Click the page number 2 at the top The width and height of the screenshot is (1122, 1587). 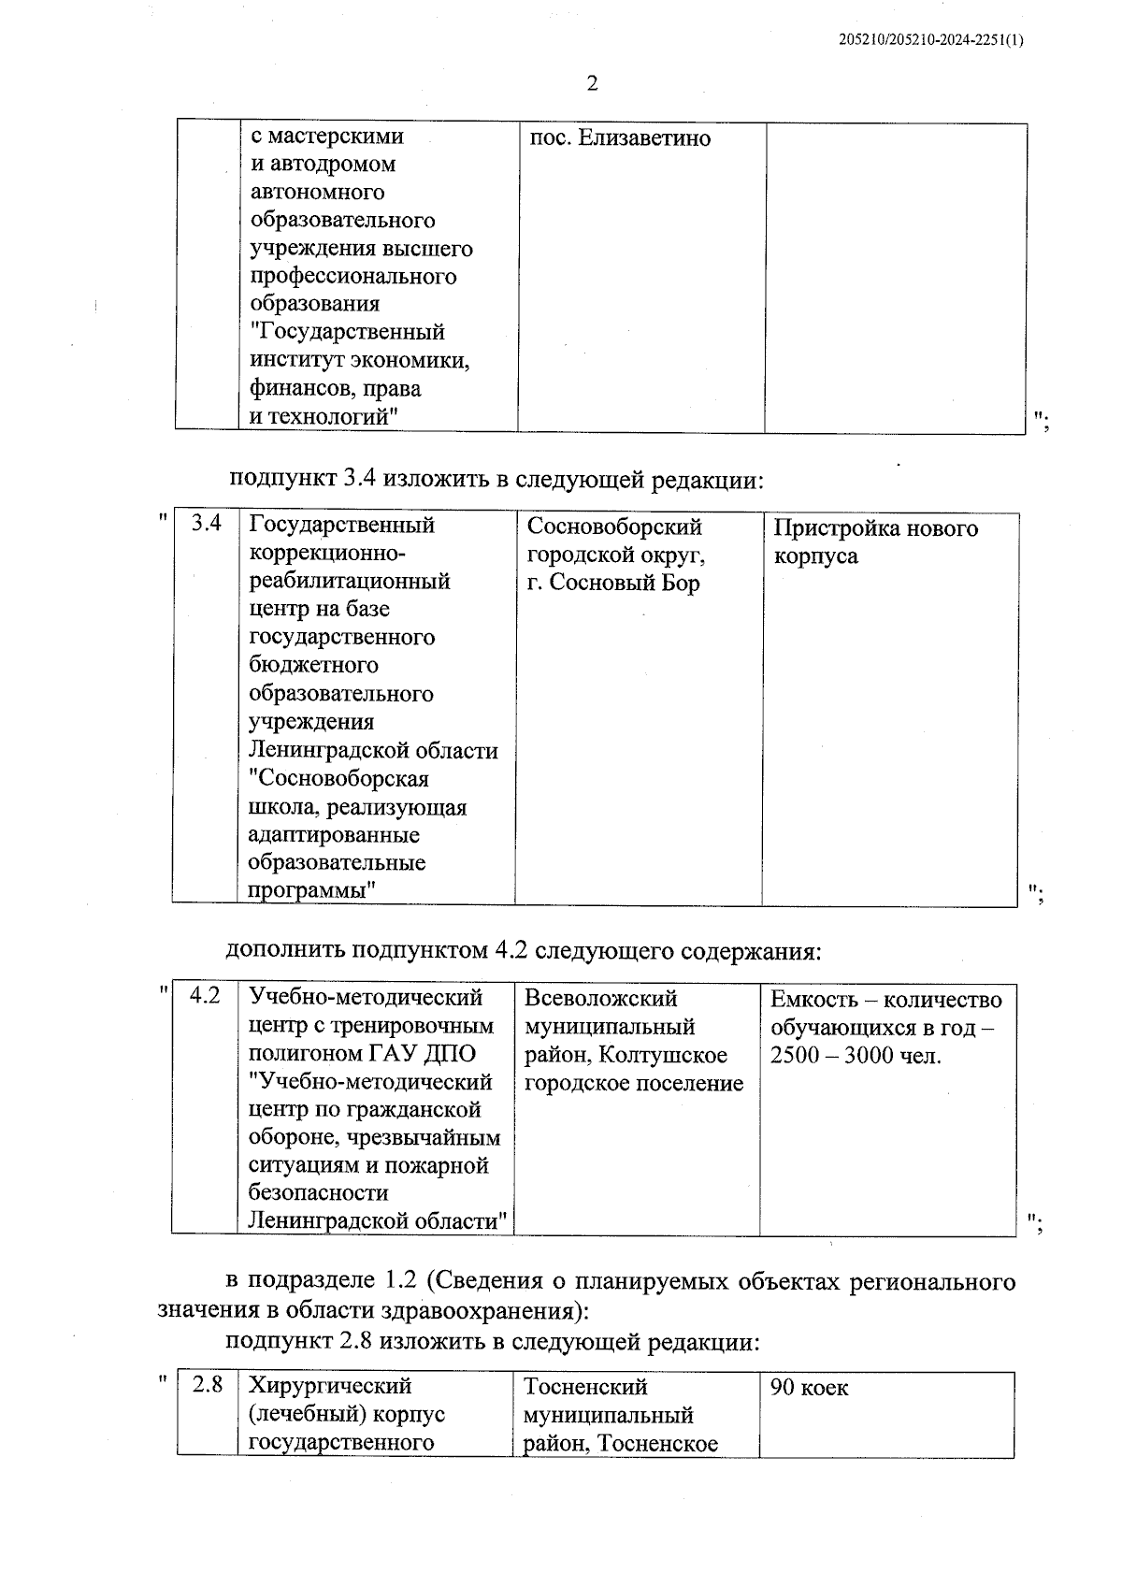click(591, 84)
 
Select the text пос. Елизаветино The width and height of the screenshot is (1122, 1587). click(620, 138)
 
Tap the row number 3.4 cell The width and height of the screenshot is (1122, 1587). click(206, 524)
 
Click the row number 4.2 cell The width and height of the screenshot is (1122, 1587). click(205, 996)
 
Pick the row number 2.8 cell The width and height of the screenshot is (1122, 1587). click(207, 1385)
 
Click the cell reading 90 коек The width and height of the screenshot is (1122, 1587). click(809, 1388)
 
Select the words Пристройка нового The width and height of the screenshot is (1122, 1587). click(875, 528)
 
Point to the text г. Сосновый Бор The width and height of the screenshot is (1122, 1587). click(612, 583)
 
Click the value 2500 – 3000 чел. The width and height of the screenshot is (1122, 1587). click(856, 1056)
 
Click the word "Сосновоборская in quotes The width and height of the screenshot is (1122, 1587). click(338, 778)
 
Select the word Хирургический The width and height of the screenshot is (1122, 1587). click(330, 1385)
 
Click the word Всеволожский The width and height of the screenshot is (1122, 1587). click(600, 999)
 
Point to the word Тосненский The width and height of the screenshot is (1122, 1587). click(585, 1386)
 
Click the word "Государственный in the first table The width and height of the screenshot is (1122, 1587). click(347, 332)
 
